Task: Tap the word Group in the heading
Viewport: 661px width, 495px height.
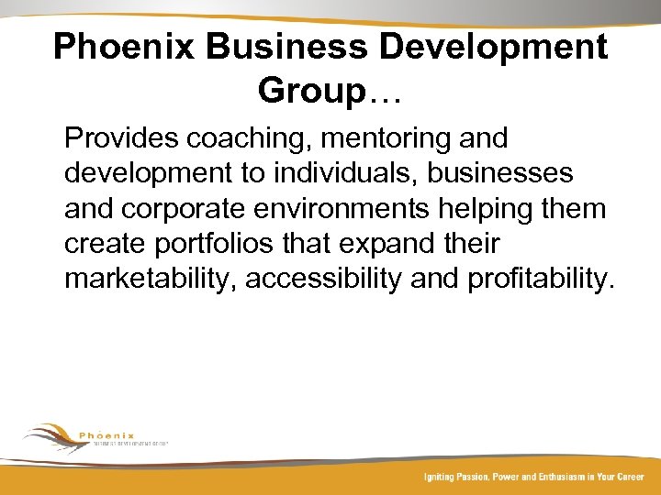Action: (311, 90)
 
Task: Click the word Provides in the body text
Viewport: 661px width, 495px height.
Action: (121, 138)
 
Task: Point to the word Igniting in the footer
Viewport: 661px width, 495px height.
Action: (437, 478)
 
